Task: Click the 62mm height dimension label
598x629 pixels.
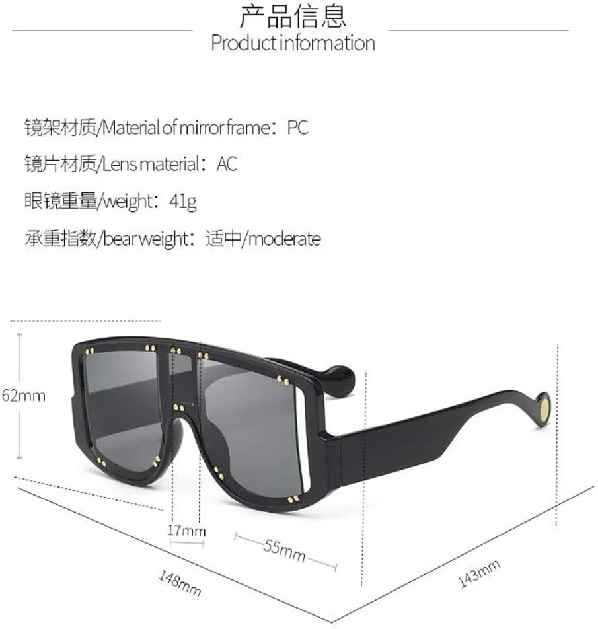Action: point(24,396)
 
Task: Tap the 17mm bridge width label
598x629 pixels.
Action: point(186,531)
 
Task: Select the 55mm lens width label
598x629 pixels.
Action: point(284,550)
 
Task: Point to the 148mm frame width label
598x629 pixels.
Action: point(179,583)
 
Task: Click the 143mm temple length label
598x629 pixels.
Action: point(478,573)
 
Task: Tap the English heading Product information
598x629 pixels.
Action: point(293,43)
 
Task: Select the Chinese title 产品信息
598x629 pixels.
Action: point(293,16)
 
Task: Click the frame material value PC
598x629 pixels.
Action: point(297,128)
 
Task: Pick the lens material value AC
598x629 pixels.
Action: point(227,164)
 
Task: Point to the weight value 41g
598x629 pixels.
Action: point(183,202)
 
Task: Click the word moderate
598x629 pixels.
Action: point(285,239)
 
